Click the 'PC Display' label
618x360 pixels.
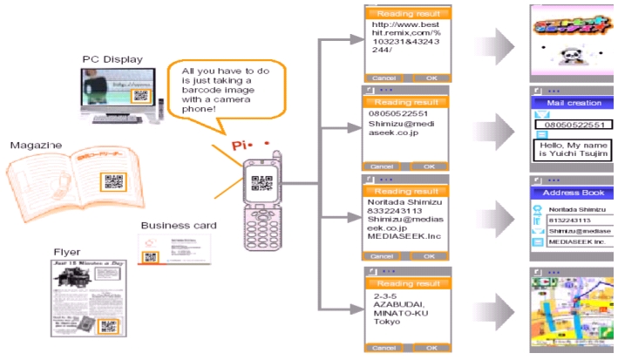[113, 59]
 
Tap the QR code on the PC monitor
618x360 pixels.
[140, 98]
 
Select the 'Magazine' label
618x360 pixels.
[36, 145]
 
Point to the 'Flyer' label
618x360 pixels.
[66, 251]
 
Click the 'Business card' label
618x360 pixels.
[178, 226]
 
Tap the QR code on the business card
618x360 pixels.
[151, 257]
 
